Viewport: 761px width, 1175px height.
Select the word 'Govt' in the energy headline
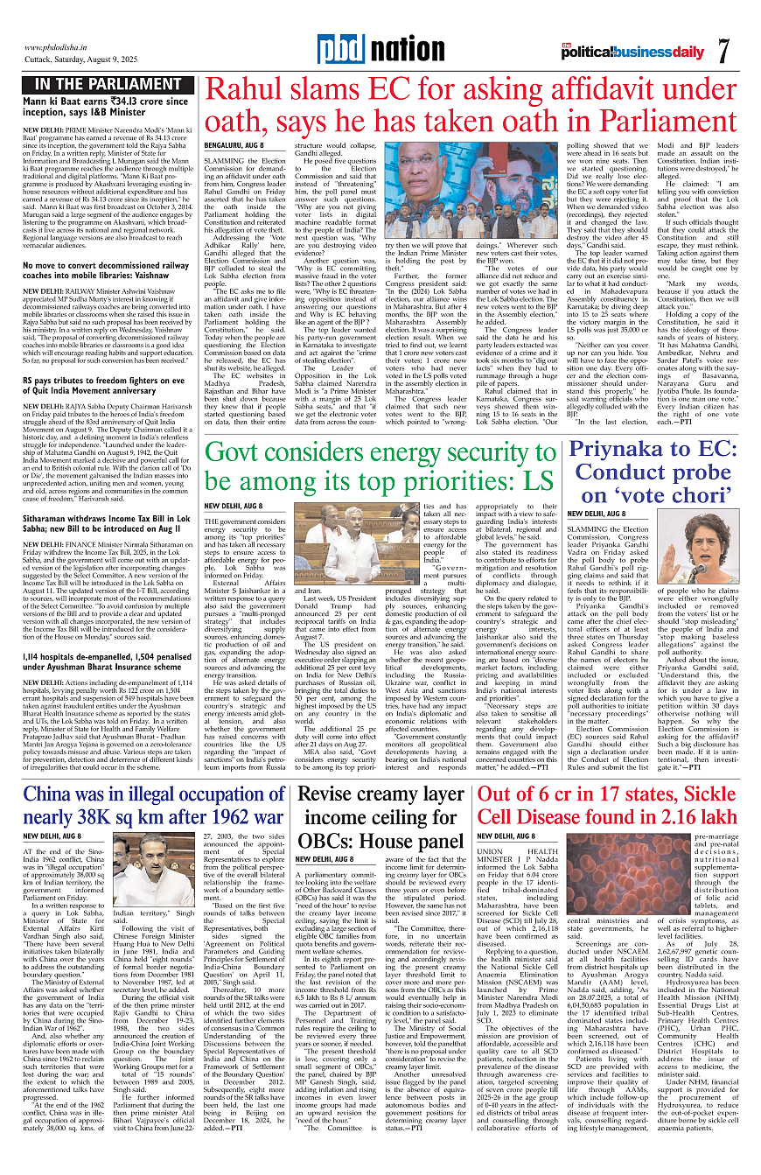pyautogui.click(x=241, y=456)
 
